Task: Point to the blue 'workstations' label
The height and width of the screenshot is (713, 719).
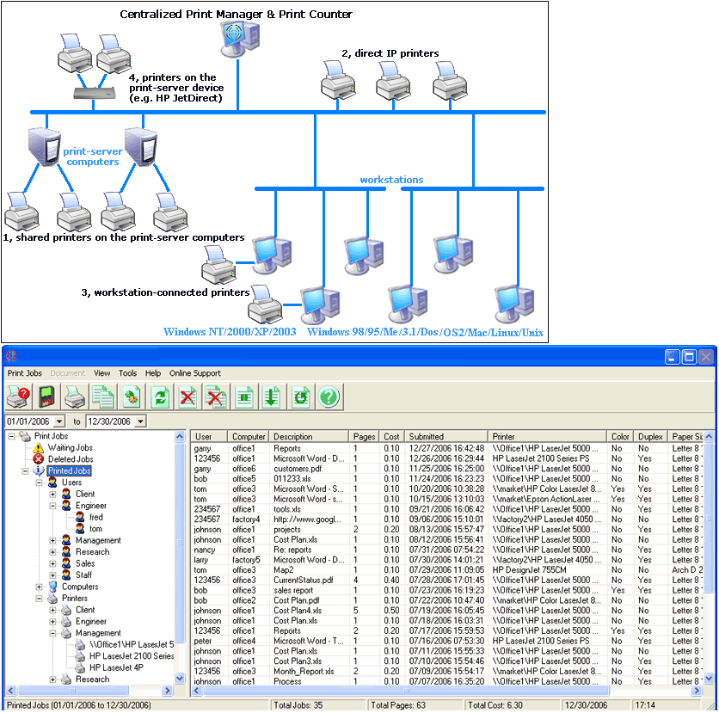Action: [x=391, y=180]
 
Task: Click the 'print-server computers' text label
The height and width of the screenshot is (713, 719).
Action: [x=91, y=157]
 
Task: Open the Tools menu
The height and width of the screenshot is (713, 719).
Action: [x=127, y=373]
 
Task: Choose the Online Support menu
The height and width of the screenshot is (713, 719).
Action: [x=194, y=373]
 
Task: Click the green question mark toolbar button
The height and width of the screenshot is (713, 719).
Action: [x=329, y=396]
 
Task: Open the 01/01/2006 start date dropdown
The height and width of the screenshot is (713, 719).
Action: [x=58, y=421]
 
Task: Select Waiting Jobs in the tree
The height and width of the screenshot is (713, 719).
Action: [x=71, y=448]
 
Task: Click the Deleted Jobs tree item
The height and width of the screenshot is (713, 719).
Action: [x=71, y=459]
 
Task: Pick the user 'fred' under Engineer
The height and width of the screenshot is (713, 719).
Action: [x=95, y=518]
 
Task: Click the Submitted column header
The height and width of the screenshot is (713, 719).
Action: [x=427, y=437]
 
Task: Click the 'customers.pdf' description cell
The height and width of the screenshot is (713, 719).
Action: [x=298, y=469]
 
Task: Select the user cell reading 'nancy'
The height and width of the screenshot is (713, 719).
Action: [x=205, y=550]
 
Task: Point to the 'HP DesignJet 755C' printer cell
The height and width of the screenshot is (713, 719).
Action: [x=528, y=569]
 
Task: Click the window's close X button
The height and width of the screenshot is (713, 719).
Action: [x=705, y=356]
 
